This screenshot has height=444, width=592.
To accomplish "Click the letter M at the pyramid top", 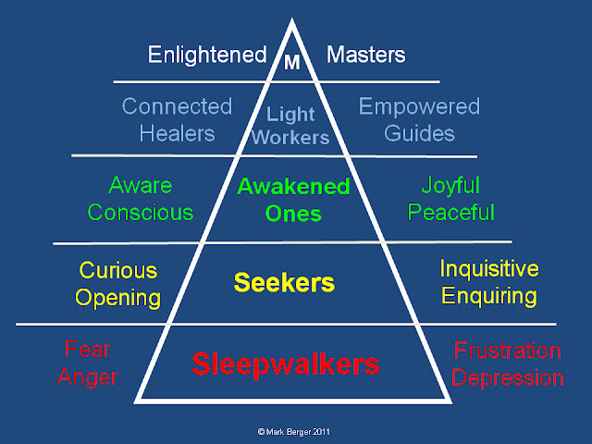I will tap(291, 64).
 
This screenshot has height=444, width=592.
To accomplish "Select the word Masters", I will tap(365, 55).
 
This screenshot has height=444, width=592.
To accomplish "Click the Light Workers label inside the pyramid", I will tap(291, 126).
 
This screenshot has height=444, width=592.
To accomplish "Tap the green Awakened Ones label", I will tap(292, 200).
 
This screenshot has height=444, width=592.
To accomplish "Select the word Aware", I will tap(140, 185).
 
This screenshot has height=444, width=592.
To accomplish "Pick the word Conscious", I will tap(140, 212).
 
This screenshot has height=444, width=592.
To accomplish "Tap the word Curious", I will tap(117, 271).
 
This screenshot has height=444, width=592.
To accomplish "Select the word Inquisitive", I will tap(488, 269).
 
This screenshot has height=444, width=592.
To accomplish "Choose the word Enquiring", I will tap(488, 296).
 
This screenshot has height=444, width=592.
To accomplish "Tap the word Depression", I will tap(508, 378).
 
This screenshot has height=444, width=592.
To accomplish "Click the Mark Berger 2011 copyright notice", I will tap(296, 430).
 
